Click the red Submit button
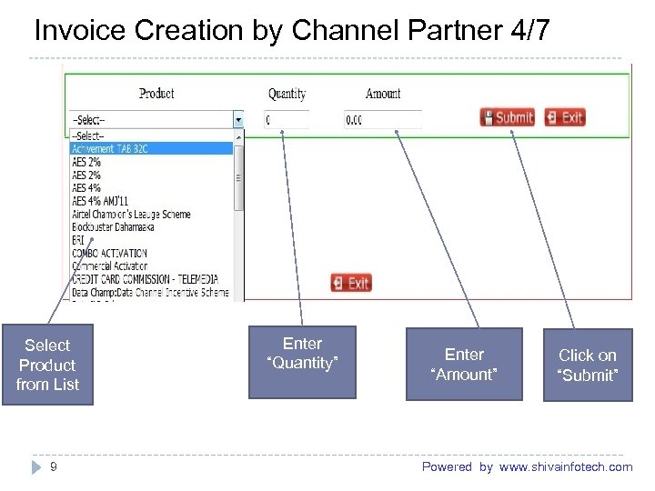click(508, 117)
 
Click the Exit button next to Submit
click(565, 117)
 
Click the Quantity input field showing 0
click(285, 119)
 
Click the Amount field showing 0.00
click(382, 119)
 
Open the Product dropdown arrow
click(238, 119)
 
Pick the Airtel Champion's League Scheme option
click(131, 215)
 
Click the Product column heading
click(156, 93)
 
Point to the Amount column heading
click(383, 93)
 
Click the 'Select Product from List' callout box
click(47, 365)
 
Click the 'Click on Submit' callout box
click(587, 365)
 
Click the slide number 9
click(54, 466)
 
